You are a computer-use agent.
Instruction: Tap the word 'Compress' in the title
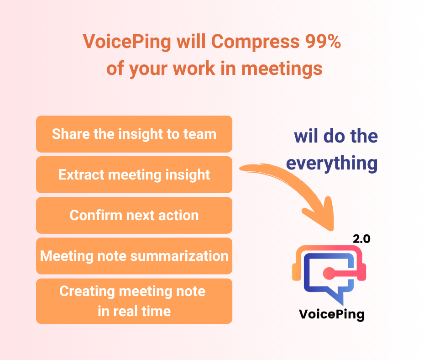(255, 42)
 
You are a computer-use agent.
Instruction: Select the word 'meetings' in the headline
(282, 69)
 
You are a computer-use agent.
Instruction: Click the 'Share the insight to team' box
(134, 134)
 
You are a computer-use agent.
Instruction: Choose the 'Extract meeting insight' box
(134, 175)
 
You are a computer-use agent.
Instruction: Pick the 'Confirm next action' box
(134, 215)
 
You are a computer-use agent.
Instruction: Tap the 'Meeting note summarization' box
(134, 256)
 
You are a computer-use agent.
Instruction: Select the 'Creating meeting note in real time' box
(134, 301)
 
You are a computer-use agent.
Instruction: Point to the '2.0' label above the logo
(361, 239)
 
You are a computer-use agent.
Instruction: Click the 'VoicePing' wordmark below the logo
(332, 314)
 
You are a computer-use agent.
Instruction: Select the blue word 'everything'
(332, 163)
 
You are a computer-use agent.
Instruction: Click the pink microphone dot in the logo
(329, 273)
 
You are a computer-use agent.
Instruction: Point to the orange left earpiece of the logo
(296, 272)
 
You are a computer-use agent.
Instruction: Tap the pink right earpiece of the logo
(362, 272)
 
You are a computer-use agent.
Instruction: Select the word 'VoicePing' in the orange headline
(127, 42)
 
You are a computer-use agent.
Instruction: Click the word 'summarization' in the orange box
(179, 256)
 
